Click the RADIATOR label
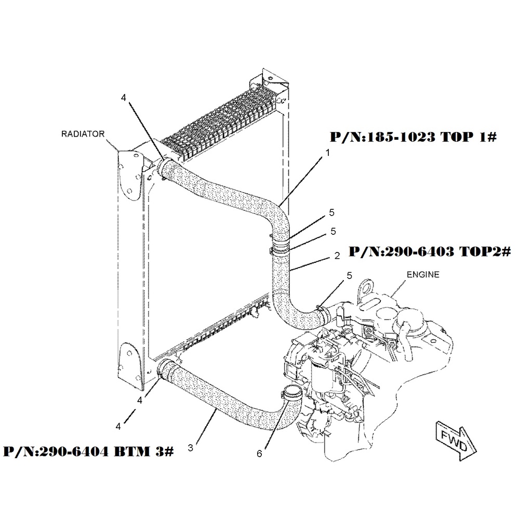[x=83, y=134]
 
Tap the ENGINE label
[x=423, y=274]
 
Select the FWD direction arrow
[x=456, y=441]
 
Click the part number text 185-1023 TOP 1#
[x=413, y=137]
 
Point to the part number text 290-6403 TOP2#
[x=430, y=251]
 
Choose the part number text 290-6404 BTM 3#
[x=88, y=451]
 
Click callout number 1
[x=328, y=153]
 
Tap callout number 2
[x=337, y=256]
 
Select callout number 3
[x=190, y=448]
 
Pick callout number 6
[x=259, y=454]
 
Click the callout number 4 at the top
[x=124, y=98]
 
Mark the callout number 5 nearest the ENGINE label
[x=350, y=276]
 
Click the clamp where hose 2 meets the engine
[x=325, y=313]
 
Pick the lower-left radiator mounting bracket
[x=130, y=365]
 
